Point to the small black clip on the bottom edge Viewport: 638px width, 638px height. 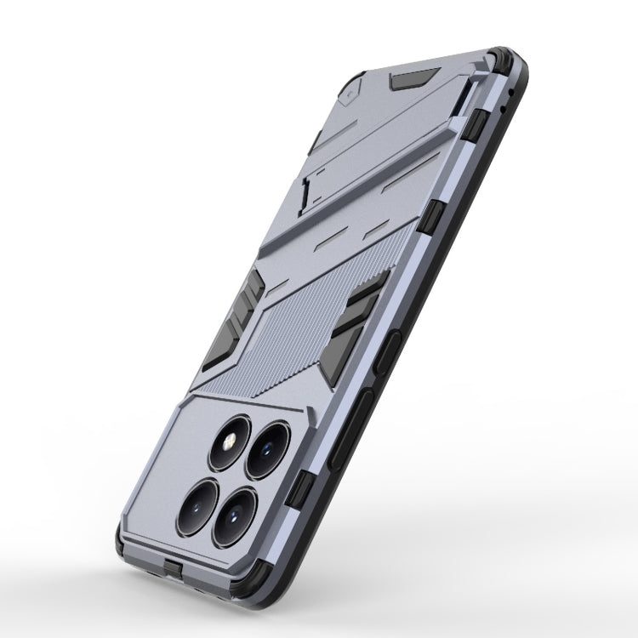pos(174,569)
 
